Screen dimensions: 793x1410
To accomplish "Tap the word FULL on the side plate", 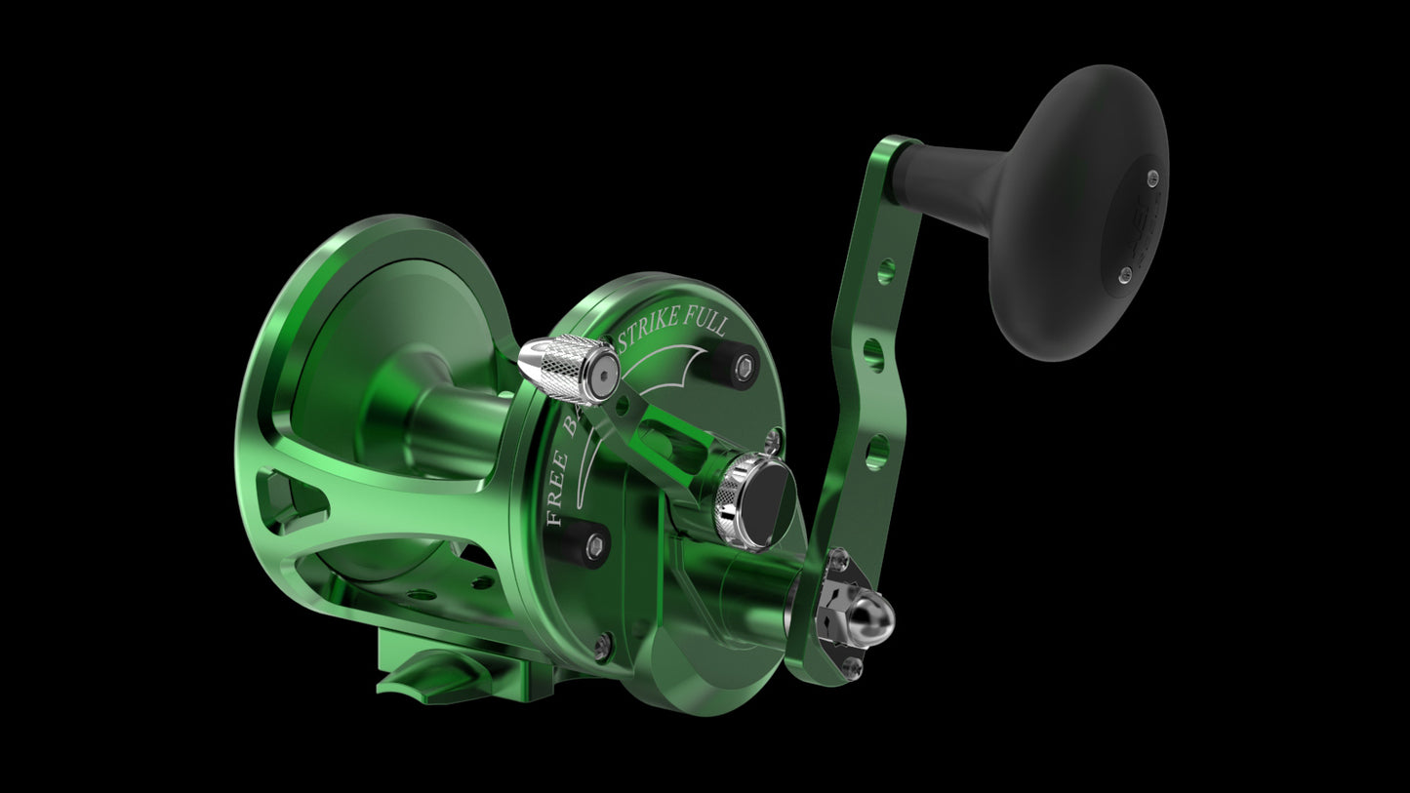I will pos(707,324).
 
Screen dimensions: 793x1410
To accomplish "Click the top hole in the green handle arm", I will pos(885,270).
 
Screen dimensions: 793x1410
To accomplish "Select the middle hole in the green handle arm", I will pos(874,352).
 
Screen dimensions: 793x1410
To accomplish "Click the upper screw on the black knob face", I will pos(1152,178).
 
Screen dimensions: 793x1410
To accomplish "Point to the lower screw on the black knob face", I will pos(1125,275).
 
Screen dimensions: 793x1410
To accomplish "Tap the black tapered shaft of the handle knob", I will pos(951,185).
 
